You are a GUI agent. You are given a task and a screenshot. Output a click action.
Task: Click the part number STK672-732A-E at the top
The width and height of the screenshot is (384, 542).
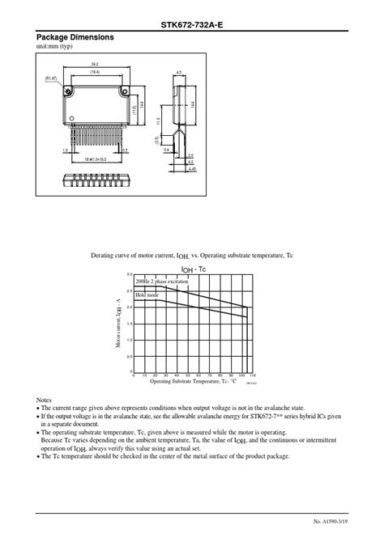191,25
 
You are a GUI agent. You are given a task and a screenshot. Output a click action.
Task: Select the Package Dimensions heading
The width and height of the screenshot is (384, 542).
75,38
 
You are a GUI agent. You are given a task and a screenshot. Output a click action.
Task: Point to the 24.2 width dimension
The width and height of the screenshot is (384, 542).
95,63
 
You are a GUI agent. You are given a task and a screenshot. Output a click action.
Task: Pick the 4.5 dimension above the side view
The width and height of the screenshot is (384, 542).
179,72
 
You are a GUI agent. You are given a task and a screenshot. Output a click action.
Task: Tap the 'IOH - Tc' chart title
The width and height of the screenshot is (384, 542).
193,269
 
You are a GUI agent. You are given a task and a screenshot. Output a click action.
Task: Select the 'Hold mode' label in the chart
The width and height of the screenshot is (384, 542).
147,294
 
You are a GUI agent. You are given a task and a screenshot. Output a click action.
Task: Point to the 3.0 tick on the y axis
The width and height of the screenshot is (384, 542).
129,275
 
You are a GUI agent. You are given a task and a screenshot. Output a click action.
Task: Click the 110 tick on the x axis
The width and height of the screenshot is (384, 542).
253,375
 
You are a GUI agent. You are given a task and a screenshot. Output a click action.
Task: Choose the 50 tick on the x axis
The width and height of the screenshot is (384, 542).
187,375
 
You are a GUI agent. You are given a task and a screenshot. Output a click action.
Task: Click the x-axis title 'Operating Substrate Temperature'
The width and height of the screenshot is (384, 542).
193,381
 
